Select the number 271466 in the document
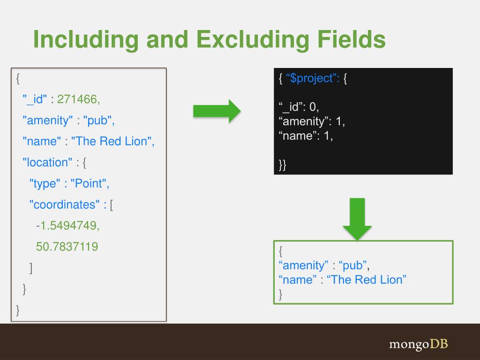point(78,99)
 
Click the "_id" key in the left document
point(35,99)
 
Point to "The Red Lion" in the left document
point(112,141)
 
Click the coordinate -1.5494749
point(68,225)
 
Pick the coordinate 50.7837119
point(67,247)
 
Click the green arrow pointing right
point(217,111)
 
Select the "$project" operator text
point(312,78)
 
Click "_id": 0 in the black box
point(299,107)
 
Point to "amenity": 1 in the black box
point(311,122)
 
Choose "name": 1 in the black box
point(305,136)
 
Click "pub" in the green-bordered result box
point(353,265)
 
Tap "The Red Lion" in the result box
point(366,280)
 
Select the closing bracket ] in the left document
point(30,268)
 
